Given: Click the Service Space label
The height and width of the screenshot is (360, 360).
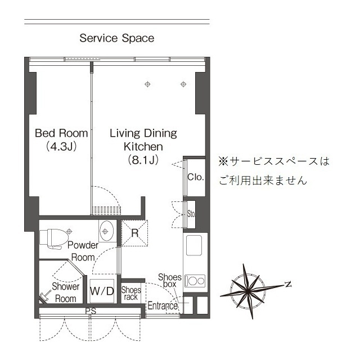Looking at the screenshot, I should pos(116,38).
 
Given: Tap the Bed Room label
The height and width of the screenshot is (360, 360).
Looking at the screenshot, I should pos(61,133).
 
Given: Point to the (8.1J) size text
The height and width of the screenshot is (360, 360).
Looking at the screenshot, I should pos(143,159).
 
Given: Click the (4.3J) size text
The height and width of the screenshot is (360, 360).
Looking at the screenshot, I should pos(61,147).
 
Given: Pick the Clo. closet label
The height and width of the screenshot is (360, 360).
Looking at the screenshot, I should pos(195,177).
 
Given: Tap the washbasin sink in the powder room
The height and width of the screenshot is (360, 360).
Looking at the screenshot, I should pos(106,231).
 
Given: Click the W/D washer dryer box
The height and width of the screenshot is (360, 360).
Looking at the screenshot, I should pos(102,291).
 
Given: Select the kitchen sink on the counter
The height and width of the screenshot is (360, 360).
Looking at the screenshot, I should pos(196,246).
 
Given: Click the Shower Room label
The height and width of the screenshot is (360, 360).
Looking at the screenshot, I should pos(65,292).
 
